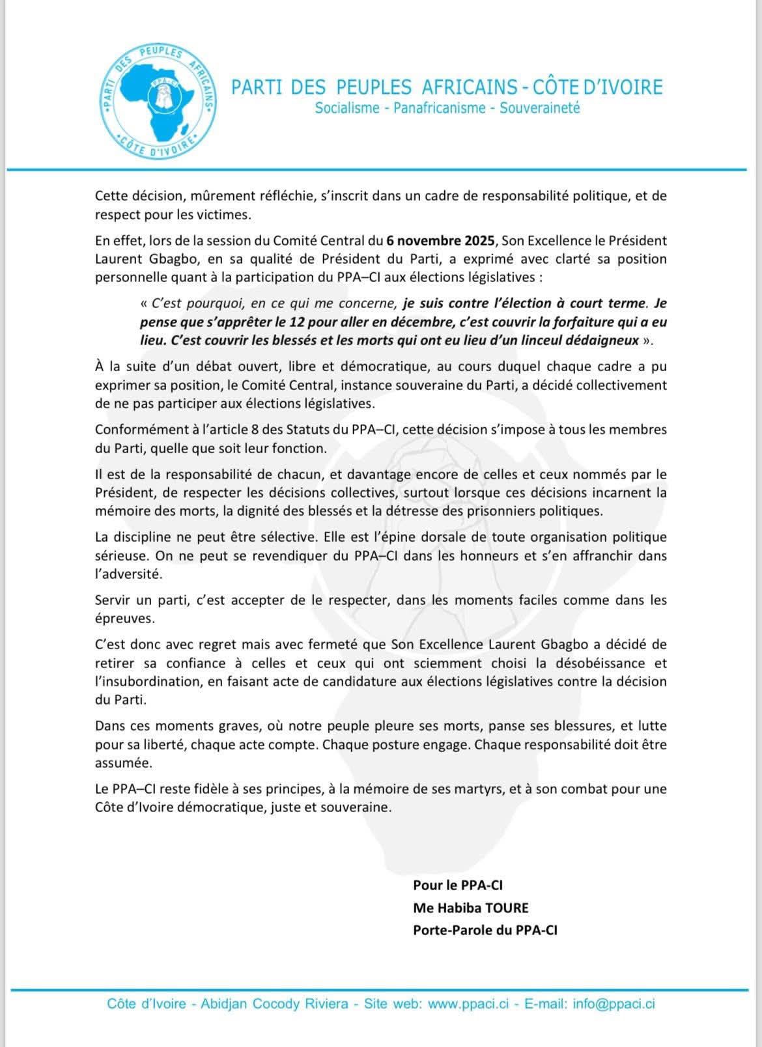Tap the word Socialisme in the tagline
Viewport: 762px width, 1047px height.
(x=346, y=107)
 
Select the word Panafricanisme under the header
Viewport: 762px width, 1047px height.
(x=440, y=107)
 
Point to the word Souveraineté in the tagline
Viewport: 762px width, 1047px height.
(x=539, y=107)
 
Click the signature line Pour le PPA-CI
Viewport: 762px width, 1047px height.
(x=457, y=885)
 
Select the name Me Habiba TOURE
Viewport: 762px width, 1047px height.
(x=470, y=908)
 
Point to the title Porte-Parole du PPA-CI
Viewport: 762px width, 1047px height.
(x=485, y=930)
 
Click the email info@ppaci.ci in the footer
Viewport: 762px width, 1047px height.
(x=614, y=1003)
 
